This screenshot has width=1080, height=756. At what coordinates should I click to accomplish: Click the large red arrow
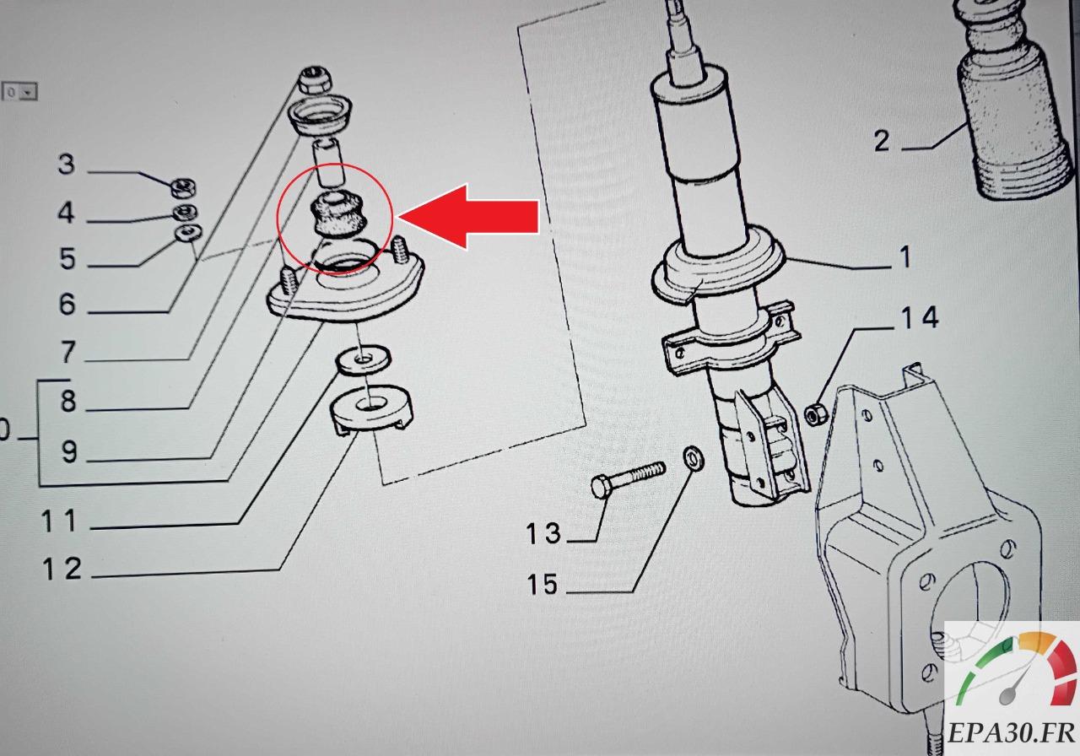(x=472, y=216)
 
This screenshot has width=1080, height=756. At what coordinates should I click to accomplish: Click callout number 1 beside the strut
(x=905, y=256)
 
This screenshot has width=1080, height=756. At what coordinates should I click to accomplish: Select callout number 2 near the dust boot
(x=882, y=140)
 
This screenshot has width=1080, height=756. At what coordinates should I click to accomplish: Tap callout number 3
(x=67, y=165)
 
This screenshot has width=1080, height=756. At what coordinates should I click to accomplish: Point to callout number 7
(x=67, y=351)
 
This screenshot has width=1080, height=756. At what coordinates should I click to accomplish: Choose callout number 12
(x=62, y=570)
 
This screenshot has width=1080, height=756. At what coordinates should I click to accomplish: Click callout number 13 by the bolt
(x=544, y=533)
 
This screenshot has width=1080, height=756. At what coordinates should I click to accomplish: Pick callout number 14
(x=918, y=318)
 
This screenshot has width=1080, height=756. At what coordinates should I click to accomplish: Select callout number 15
(x=544, y=583)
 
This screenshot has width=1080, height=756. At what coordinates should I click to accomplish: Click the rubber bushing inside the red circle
(x=339, y=215)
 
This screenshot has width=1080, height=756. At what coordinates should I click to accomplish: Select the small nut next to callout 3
(x=181, y=186)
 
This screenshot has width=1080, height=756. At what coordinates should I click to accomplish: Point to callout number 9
(x=68, y=452)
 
